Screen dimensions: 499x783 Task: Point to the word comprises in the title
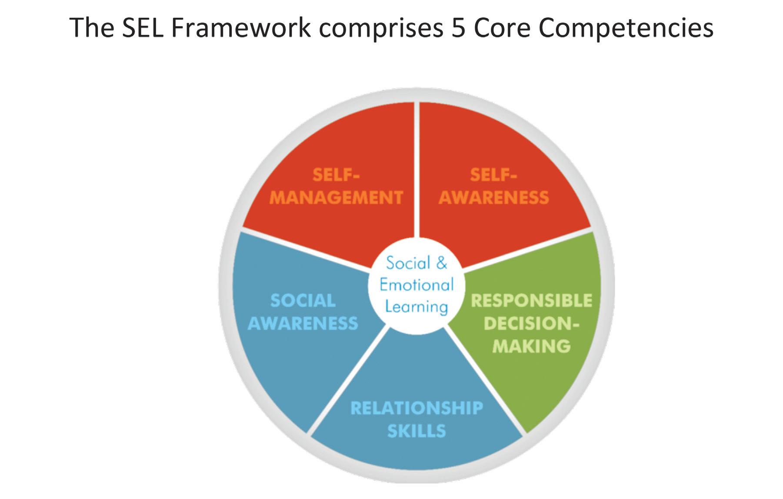coord(383,29)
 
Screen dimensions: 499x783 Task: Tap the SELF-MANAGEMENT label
coord(336,186)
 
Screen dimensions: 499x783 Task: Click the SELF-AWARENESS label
coord(493,186)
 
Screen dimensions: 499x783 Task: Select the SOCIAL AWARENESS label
coord(303,312)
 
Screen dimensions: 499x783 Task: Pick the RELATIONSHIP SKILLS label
coord(416,419)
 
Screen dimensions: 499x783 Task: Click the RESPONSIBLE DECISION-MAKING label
coord(531,323)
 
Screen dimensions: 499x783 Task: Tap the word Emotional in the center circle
coord(416,285)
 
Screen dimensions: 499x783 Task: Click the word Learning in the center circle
coord(416,307)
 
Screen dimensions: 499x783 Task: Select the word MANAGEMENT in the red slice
coord(336,198)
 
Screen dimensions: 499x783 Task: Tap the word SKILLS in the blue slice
coord(416,431)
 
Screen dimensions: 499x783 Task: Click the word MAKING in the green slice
coord(531,346)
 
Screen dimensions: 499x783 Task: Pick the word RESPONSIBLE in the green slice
coord(531,301)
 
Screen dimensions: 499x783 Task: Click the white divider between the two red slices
coord(416,174)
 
